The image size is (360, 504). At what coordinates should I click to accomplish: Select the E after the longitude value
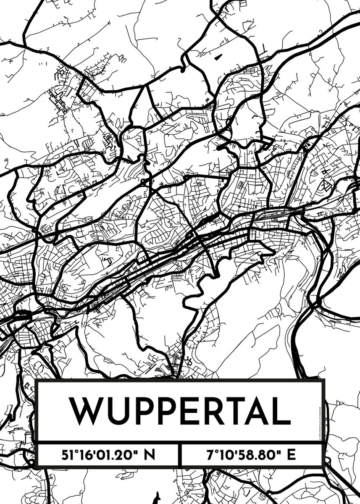[292, 454]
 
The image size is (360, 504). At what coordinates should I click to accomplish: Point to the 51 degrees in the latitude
[70, 454]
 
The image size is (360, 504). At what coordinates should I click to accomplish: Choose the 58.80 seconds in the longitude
[257, 454]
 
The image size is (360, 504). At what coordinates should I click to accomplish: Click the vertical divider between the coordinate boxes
[180, 454]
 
